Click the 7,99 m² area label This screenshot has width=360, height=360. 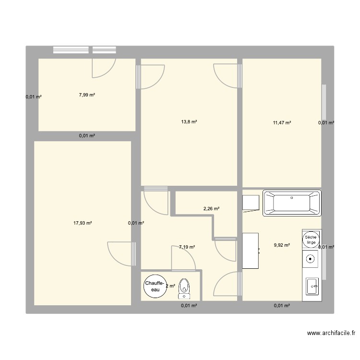[x=87, y=95]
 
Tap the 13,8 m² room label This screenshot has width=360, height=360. [x=189, y=122]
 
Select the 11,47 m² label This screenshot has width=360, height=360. [x=282, y=123]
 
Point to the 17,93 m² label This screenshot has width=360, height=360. [x=83, y=223]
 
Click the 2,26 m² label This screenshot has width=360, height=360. [x=211, y=209]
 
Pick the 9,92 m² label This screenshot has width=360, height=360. [x=282, y=245]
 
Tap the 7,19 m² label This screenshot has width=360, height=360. [x=187, y=247]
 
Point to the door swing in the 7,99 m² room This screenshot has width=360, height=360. [x=103, y=67]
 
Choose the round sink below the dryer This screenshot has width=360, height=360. [x=311, y=261]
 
